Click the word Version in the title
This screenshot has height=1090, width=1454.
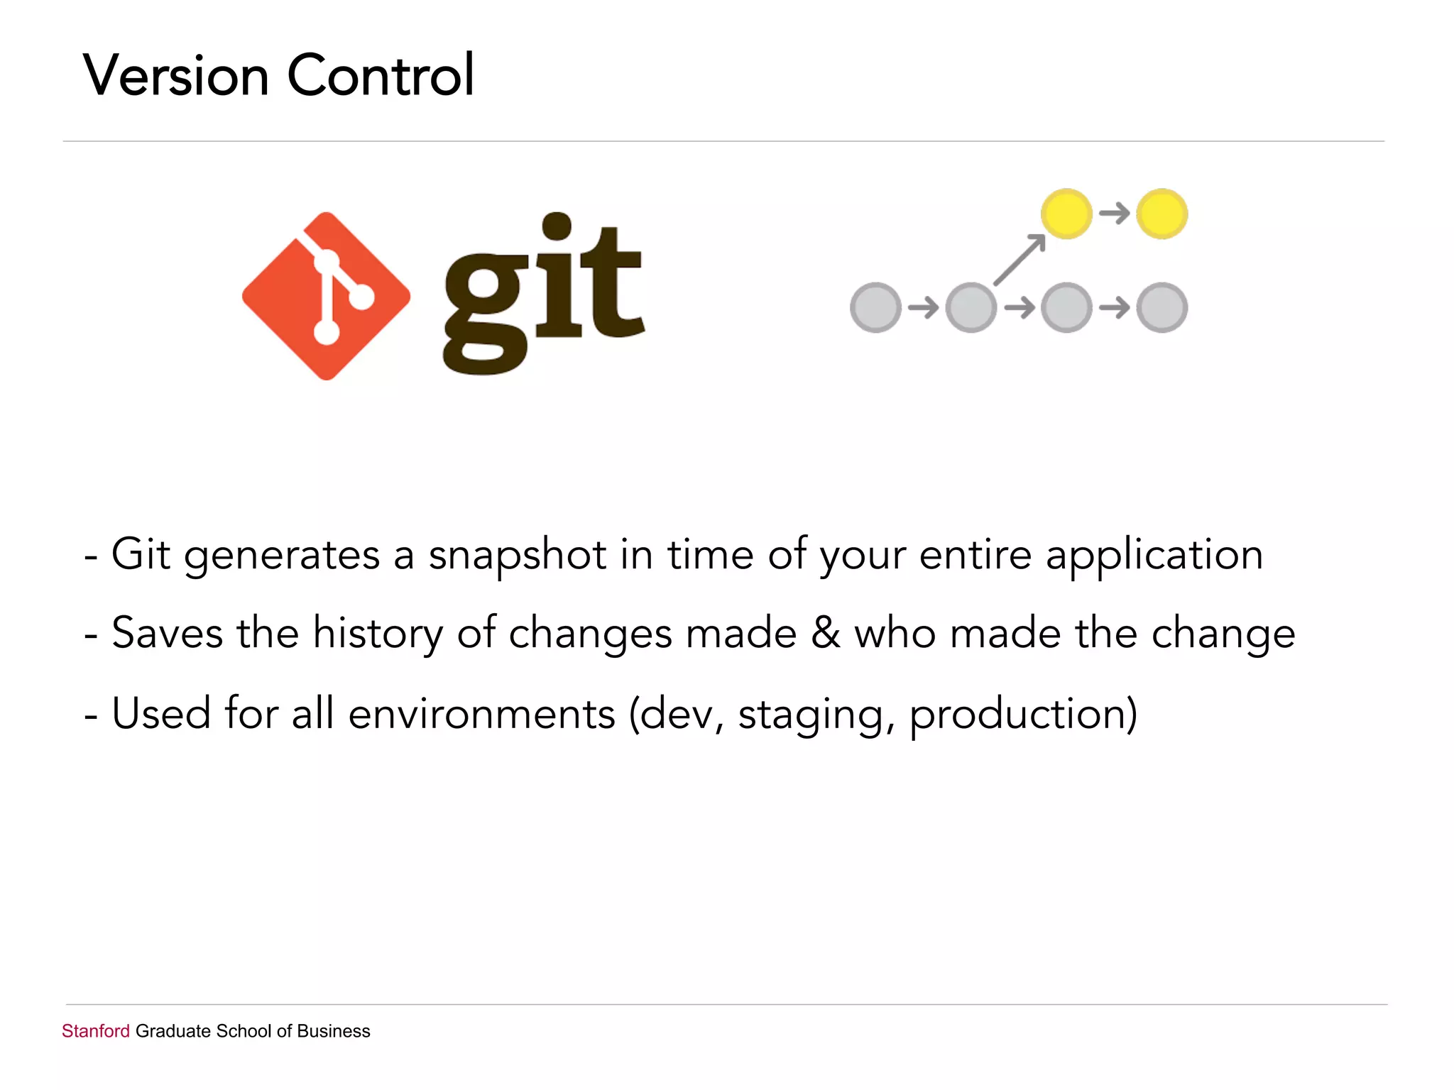pos(176,75)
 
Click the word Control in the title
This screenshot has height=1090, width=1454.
pos(381,75)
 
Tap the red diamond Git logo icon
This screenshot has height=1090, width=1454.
pos(326,296)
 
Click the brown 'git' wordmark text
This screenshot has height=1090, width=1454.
pos(543,294)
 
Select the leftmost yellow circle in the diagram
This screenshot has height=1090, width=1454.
pos(1066,214)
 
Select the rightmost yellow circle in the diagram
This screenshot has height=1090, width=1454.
pos(1161,214)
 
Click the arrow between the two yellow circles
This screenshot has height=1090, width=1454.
pos(1114,213)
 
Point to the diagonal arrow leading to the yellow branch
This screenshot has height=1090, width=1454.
pos(1020,260)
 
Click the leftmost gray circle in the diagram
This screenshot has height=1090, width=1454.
pos(875,307)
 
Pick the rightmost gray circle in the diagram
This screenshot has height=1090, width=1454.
pos(1161,307)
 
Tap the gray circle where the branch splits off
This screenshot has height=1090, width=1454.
pos(971,307)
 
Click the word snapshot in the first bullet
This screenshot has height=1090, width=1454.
pos(517,556)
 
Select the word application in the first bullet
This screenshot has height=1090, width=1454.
pos(1154,556)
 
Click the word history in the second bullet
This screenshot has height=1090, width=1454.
pos(378,633)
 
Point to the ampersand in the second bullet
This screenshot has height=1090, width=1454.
pos(826,633)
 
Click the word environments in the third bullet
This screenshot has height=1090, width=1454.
pos(481,714)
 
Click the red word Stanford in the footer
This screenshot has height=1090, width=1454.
pos(96,1031)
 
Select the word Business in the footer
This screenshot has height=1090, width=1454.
pos(334,1031)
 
